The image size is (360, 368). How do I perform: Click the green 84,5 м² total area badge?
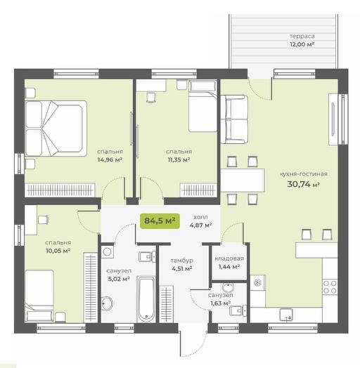click(x=160, y=221)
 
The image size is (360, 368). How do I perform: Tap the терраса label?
click(x=302, y=37)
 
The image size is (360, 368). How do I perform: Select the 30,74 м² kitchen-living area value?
click(x=303, y=184)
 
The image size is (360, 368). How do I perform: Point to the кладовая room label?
click(x=229, y=258)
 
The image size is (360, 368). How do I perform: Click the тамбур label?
click(x=182, y=261)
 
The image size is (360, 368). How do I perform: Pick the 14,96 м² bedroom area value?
click(x=110, y=160)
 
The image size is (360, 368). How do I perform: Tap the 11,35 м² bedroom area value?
click(x=179, y=160)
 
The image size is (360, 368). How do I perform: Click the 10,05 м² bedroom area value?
click(x=58, y=251)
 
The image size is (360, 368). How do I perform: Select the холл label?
click(x=200, y=217)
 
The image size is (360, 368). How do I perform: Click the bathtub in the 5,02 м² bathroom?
click(x=146, y=299)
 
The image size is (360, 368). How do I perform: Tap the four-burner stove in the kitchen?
click(x=330, y=287)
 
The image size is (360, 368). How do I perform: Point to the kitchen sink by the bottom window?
click(x=286, y=315)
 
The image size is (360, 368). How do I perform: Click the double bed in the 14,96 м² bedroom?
click(x=56, y=129)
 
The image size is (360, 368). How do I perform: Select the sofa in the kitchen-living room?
click(x=234, y=119)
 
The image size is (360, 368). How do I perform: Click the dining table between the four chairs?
click(x=243, y=180)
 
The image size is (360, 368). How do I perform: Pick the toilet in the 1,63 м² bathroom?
click(x=238, y=310)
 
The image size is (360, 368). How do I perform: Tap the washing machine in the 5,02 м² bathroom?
click(x=108, y=252)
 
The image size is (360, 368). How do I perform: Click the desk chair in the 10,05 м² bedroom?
click(x=43, y=220)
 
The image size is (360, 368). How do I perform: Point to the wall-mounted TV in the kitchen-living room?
click(x=333, y=119)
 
